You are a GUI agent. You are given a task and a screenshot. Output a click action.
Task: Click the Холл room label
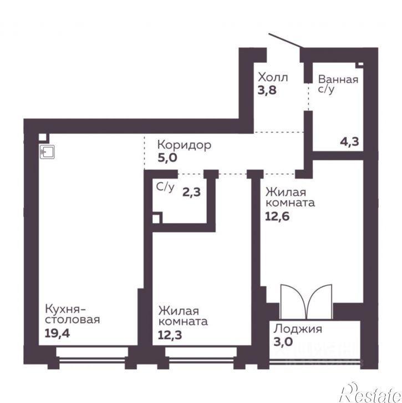(273, 77)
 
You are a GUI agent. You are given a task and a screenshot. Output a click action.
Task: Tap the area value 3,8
(267, 90)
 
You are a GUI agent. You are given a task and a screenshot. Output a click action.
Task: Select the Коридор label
(184, 145)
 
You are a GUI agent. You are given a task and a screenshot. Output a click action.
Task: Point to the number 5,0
(167, 158)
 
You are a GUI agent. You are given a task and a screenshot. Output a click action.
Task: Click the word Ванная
(338, 79)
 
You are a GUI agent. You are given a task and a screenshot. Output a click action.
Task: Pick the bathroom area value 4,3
(349, 142)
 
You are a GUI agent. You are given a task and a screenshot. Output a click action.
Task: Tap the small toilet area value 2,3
(191, 192)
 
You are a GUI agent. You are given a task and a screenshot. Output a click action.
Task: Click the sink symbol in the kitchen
(47, 152)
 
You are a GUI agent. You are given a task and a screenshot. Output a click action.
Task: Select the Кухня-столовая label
(73, 314)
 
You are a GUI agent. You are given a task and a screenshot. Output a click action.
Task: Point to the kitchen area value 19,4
(57, 334)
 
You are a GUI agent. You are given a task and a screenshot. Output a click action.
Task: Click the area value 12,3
(170, 335)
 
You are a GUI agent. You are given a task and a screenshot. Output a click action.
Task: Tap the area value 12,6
(277, 216)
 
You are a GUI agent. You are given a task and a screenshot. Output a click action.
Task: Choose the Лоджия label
(298, 329)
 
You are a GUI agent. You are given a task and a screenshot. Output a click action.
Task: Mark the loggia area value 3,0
(283, 342)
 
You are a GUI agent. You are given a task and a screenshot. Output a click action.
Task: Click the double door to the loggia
(306, 302)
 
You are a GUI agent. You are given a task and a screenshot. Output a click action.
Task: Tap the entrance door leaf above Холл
(286, 41)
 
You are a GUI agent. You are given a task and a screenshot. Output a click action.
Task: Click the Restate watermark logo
(370, 393)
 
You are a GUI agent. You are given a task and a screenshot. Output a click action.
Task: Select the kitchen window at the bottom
(92, 356)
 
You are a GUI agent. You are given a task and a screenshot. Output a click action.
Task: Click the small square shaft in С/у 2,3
(156, 219)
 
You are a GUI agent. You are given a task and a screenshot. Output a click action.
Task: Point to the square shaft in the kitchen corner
(43, 137)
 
